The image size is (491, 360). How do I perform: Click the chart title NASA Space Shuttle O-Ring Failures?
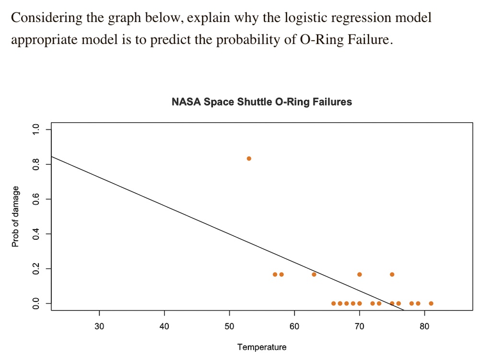pyautogui.click(x=262, y=102)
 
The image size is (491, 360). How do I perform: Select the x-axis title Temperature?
pyautogui.click(x=262, y=347)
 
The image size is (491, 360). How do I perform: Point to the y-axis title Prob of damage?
pyautogui.click(x=15, y=216)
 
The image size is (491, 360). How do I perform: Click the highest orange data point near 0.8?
pyautogui.click(x=249, y=159)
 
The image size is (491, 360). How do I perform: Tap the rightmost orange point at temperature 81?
pyautogui.click(x=431, y=303)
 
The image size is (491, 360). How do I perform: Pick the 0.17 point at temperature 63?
pyautogui.click(x=314, y=274)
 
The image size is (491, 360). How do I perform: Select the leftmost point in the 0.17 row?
pyautogui.click(x=275, y=274)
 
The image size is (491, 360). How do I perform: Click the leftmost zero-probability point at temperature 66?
pyautogui.click(x=333, y=303)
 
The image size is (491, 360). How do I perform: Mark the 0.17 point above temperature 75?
pyautogui.click(x=392, y=274)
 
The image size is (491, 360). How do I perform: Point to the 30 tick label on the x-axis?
pyautogui.click(x=99, y=327)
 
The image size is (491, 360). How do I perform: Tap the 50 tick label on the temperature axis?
pyautogui.click(x=229, y=327)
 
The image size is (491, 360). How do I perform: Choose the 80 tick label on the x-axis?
pyautogui.click(x=424, y=327)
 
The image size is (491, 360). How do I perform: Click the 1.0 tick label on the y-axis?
pyautogui.click(x=34, y=129)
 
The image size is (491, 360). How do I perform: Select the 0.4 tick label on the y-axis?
pyautogui.click(x=34, y=234)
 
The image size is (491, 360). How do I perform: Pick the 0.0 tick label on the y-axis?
pyautogui.click(x=34, y=303)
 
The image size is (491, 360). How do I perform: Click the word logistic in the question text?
pyautogui.click(x=312, y=18)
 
